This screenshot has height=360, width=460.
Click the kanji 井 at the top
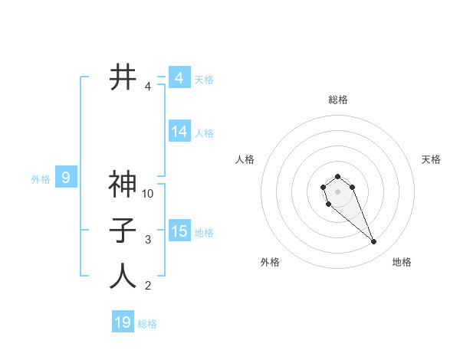click(x=123, y=77)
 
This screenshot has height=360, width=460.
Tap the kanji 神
click(x=123, y=184)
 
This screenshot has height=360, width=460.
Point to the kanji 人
click(x=123, y=276)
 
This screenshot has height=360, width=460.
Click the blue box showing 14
click(x=179, y=132)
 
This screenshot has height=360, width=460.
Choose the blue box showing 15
click(x=179, y=231)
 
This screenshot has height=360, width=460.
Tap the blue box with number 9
click(x=66, y=178)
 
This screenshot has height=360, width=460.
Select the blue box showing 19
click(x=123, y=322)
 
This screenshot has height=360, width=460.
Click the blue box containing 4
click(x=179, y=78)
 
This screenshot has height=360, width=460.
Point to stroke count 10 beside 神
click(x=148, y=194)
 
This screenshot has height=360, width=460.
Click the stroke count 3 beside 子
click(x=148, y=240)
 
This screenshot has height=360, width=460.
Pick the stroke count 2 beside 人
click(x=148, y=286)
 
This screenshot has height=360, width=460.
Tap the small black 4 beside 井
click(x=148, y=87)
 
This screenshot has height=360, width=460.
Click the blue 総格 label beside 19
click(x=147, y=324)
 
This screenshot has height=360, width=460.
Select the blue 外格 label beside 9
click(x=41, y=179)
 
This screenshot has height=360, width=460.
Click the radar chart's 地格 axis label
click(x=402, y=262)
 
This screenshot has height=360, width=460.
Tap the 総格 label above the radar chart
click(x=338, y=100)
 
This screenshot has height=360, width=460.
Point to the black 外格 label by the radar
click(x=270, y=262)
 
